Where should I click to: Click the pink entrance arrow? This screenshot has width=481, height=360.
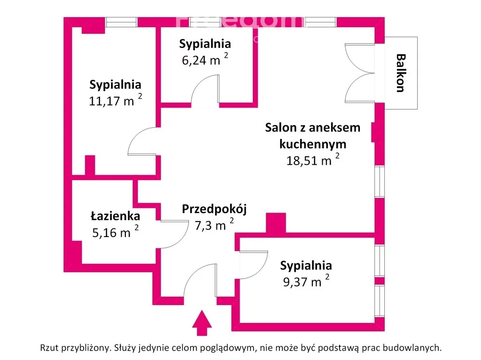coord(202,323)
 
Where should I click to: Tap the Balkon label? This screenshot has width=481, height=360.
coord(401,73)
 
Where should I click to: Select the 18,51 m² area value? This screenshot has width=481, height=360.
coord(312,161)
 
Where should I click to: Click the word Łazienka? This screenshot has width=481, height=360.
coord(115,216)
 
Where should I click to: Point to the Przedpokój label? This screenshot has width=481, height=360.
coord(214,209)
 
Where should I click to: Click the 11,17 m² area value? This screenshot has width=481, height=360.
coord(115,100)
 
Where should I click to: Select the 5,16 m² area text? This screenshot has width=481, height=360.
coord(116,232)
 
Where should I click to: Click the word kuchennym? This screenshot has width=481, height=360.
coord(312,144)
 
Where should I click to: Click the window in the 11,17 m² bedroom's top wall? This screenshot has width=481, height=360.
coord(121,22)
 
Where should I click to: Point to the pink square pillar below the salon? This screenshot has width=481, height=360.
coord(276,223)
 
